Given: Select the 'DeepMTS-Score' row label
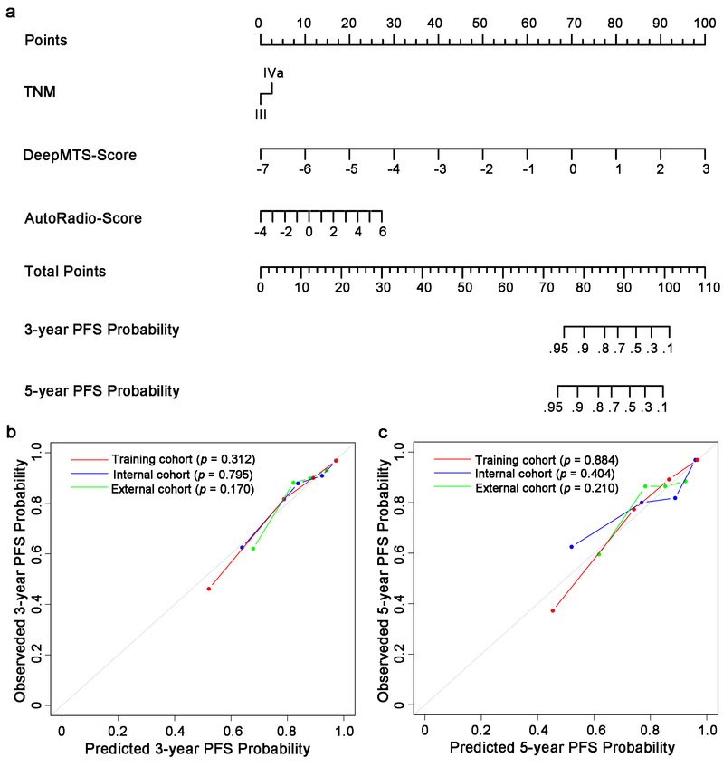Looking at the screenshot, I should tap(81, 156).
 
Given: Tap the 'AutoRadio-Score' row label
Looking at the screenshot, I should tap(84, 218).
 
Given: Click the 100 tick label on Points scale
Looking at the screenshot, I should tap(705, 23).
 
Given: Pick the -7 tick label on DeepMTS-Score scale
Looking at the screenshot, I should tap(262, 169).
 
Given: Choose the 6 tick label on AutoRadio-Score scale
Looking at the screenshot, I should tap(383, 232).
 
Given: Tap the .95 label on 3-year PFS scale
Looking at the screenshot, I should tap(563, 349).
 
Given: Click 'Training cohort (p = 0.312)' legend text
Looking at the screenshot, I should tap(180, 457).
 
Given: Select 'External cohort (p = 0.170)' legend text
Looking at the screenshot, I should tap(181, 490).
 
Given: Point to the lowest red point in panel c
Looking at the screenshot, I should tap(552, 610).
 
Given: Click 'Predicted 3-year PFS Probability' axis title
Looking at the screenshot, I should tap(197, 749).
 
